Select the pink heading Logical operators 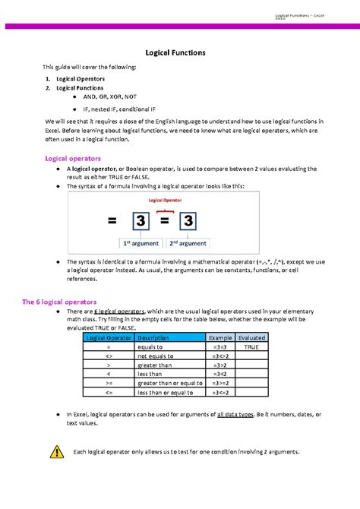74,159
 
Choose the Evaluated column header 251,337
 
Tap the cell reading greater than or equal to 169,383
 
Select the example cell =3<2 221,374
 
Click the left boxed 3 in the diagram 140,222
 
